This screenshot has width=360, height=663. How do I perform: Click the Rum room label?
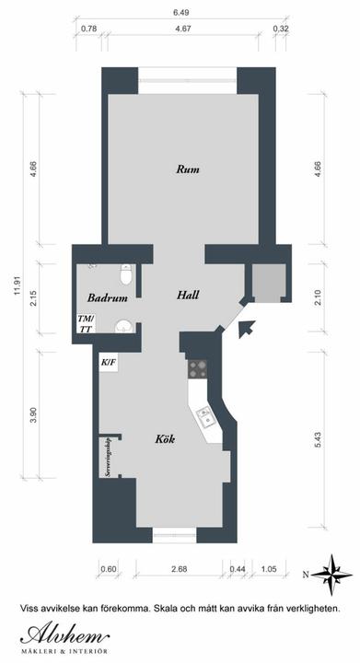tap(188, 169)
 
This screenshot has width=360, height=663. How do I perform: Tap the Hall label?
tap(188, 295)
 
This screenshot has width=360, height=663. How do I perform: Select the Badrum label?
tap(108, 297)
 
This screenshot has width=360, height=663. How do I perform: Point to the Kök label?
tap(165, 439)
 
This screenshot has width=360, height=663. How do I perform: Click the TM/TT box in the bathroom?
tap(86, 323)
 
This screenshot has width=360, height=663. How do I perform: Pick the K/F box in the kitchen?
tap(108, 363)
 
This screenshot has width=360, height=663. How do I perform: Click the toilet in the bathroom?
tap(126, 274)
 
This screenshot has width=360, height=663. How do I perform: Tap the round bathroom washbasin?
tap(123, 326)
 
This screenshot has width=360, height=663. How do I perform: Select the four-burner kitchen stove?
tap(197, 368)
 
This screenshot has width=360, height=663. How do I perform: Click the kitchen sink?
tap(205, 418)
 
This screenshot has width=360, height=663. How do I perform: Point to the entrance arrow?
tap(247, 329)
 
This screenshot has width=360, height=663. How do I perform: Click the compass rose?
tap(333, 575)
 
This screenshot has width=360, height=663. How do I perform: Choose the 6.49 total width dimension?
tap(180, 13)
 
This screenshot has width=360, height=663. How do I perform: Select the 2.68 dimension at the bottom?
tap(180, 569)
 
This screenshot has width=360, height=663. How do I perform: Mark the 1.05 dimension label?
tap(268, 569)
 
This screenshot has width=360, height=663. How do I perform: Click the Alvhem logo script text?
tap(64, 634)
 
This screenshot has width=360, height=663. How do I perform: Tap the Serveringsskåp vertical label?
tap(108, 458)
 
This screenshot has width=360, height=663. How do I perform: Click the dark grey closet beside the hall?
tap(267, 283)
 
